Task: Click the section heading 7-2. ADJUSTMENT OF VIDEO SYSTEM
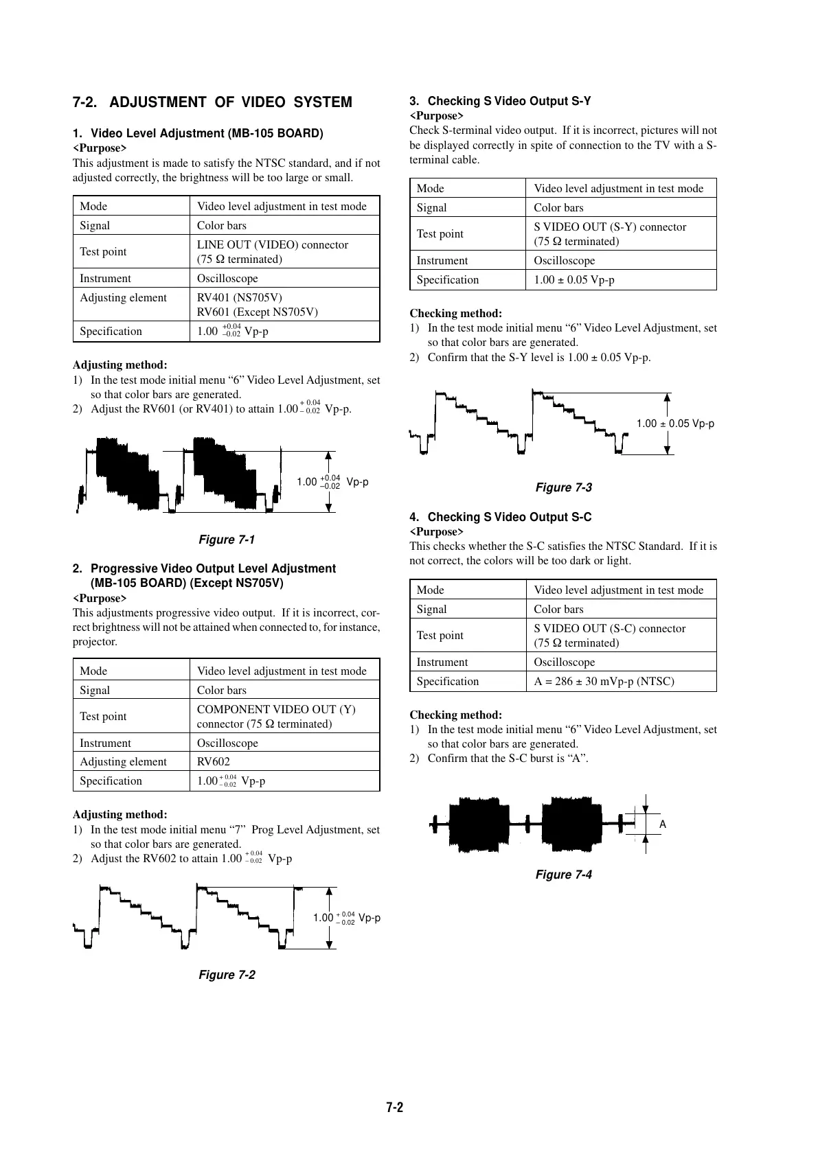[212, 102]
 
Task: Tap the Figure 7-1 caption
[226, 540]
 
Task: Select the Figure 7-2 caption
[227, 975]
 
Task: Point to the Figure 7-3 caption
[563, 487]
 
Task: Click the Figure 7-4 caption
[563, 875]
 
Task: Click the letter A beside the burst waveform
[663, 824]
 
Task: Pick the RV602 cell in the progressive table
[214, 761]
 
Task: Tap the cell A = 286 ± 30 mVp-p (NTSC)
[604, 681]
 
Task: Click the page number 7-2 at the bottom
[394, 1107]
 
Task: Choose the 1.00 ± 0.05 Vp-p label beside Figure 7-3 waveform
[675, 424]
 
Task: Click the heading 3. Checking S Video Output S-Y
[500, 101]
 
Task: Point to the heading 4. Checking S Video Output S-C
[500, 517]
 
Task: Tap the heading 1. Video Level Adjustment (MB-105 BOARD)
[198, 133]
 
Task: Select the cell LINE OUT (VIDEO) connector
[273, 245]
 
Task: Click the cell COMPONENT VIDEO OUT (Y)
[276, 709]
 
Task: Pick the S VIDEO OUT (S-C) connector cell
[610, 628]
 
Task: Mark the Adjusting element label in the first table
[123, 297]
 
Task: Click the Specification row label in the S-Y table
[448, 279]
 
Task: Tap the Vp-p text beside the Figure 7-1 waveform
[357, 482]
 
